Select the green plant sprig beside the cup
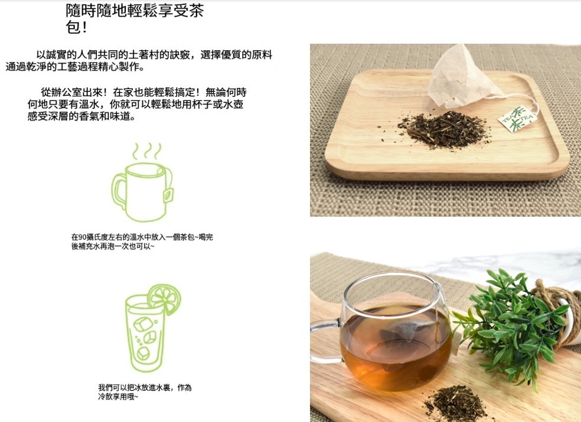508,325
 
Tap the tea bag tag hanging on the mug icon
169,193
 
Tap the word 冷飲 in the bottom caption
104,397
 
